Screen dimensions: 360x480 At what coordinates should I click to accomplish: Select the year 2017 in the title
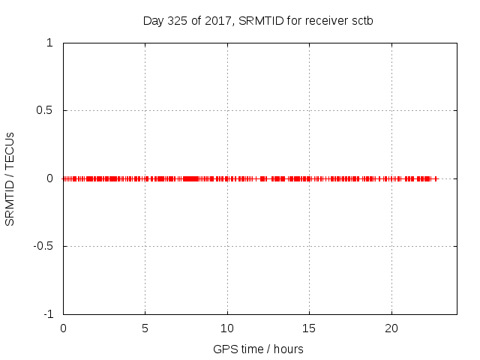coord(218,20)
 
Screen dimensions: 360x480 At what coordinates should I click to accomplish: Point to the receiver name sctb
coord(361,20)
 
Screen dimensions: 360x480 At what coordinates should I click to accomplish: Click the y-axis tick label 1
coord(49,43)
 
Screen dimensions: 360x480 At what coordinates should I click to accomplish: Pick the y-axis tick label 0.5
coord(44,110)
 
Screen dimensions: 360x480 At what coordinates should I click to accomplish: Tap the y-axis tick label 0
coord(49,178)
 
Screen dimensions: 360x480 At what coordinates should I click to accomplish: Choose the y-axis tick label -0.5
coord(43,246)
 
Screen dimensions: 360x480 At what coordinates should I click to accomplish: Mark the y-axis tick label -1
coord(48,313)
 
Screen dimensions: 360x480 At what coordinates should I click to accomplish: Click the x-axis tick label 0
coord(63,328)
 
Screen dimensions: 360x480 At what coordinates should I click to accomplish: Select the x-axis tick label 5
coord(145,328)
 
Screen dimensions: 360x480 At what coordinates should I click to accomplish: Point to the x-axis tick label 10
coord(227,328)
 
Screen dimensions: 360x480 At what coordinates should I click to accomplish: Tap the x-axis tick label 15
coord(309,328)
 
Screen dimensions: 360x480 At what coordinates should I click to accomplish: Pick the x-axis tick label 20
coord(391,328)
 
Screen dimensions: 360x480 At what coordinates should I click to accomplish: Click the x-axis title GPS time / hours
coord(258,349)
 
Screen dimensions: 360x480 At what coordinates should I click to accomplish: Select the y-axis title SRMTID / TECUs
coord(10,178)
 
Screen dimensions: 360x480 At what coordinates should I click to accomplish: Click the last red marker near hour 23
coord(436,178)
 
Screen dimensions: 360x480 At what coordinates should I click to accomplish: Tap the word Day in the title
coord(153,20)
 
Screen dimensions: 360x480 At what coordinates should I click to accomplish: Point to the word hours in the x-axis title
coord(288,349)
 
